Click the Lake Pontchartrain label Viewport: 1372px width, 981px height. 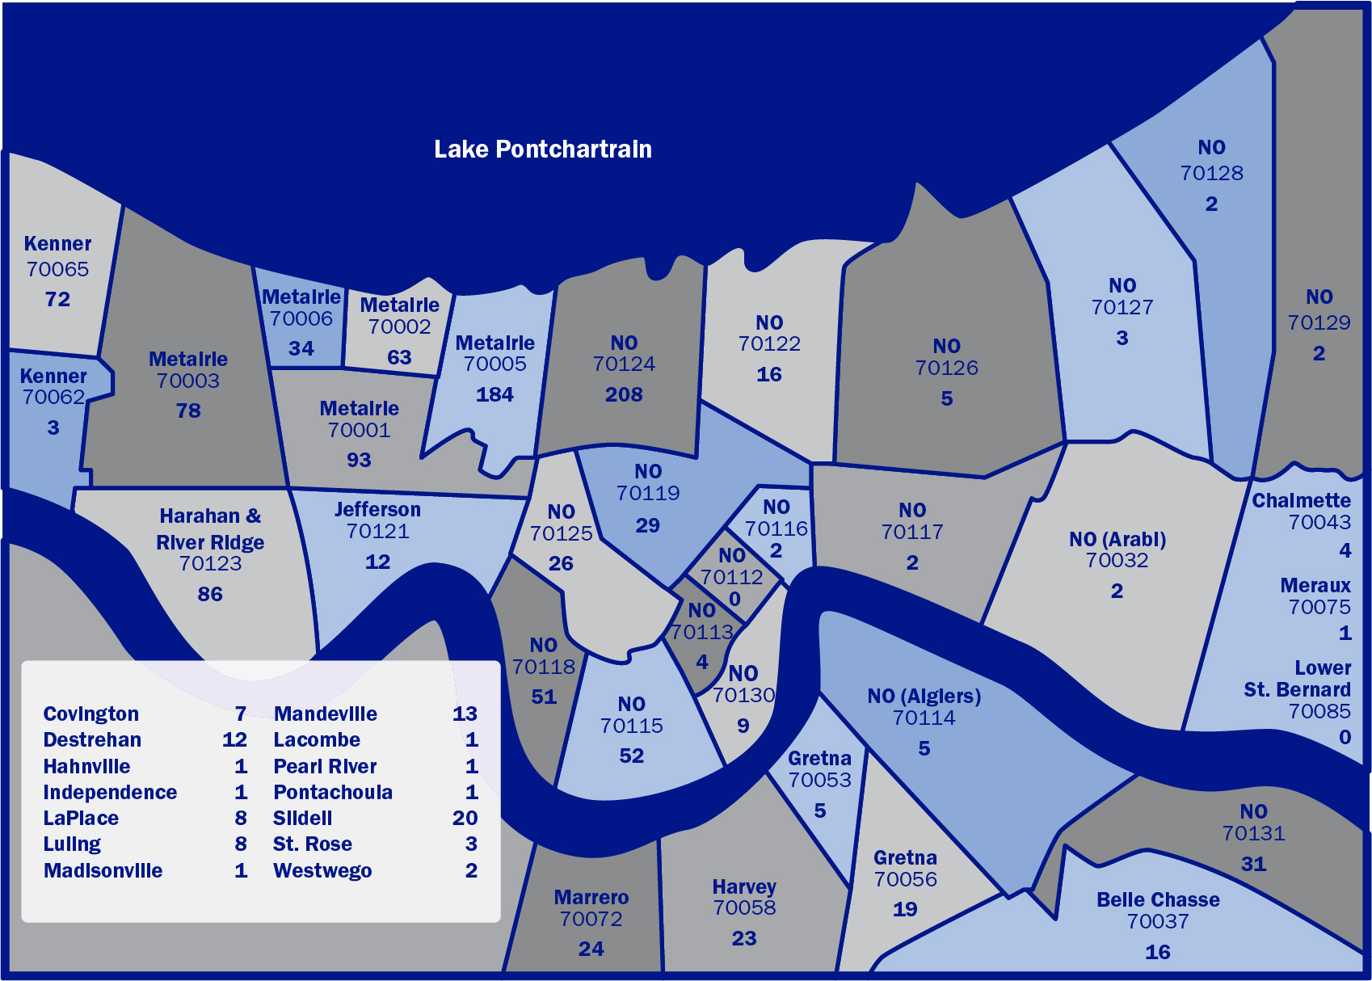542,149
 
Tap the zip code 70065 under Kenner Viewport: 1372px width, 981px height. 57,269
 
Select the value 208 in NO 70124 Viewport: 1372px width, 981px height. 624,394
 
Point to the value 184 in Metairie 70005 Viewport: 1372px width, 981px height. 495,394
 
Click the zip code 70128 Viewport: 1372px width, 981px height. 1211,173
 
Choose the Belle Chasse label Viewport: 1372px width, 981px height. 1158,899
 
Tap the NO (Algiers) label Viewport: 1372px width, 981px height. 924,696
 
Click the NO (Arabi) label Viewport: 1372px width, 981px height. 1117,539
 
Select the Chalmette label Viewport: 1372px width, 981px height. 1301,500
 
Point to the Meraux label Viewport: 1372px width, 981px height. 1315,585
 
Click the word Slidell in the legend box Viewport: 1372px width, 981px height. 302,818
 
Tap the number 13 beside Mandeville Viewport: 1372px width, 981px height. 465,714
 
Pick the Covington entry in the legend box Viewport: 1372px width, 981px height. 91,714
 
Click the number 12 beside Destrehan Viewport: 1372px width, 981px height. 234,739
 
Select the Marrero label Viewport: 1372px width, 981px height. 591,897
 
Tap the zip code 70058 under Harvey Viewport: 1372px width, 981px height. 744,907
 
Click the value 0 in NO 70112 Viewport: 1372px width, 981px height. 734,599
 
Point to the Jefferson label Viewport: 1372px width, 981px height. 377,509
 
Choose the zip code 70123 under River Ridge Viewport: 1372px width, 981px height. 210,563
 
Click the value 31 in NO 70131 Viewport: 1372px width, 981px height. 1253,864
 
